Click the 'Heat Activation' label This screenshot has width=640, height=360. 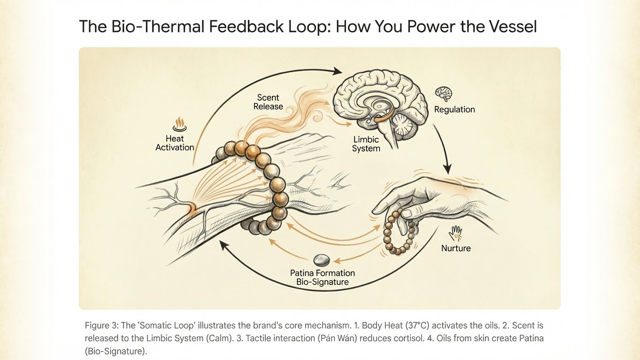coord(175,143)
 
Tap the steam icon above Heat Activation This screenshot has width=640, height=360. coord(180,125)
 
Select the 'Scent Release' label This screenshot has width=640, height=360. coord(268,102)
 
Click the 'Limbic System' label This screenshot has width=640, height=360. coord(366,144)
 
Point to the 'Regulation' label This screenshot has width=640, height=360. coord(454,109)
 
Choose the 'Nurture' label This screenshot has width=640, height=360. coord(456,248)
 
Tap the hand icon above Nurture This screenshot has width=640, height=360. coord(456,232)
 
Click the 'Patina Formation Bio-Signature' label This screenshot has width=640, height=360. coord(322,277)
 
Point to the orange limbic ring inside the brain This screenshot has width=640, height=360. coord(381,118)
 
